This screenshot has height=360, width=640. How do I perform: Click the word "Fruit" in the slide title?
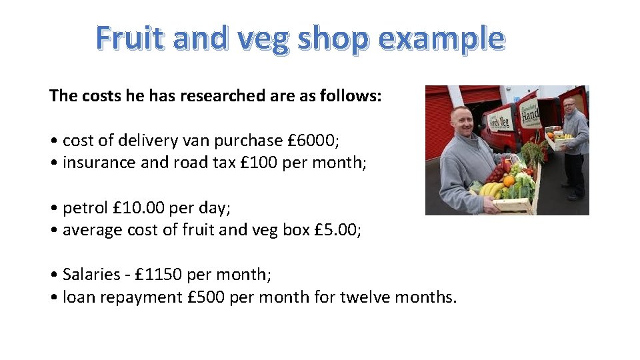(x=131, y=38)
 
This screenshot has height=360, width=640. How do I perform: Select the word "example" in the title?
(x=441, y=38)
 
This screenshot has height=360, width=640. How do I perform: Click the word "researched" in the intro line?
(x=223, y=96)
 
